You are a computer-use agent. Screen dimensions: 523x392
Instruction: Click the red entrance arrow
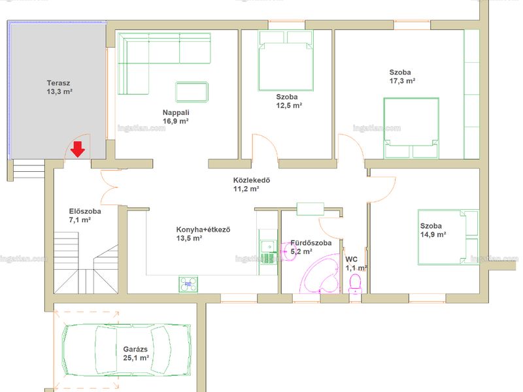tap(78, 149)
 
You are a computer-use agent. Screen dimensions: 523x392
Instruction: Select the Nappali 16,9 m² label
tap(176, 117)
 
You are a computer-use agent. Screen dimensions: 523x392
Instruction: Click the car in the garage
tap(127, 350)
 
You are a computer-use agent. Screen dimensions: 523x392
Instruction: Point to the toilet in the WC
tap(355, 284)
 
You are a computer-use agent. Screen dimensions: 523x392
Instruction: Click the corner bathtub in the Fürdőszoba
tap(320, 274)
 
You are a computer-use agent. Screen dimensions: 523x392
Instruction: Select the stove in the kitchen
tap(188, 284)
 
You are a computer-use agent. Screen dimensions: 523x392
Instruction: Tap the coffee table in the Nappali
tap(192, 91)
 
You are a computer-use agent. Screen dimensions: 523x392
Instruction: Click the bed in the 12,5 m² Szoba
tap(286, 61)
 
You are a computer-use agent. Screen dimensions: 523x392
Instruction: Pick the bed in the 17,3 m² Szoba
tap(411, 127)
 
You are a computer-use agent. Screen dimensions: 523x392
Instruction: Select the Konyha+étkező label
tap(203, 230)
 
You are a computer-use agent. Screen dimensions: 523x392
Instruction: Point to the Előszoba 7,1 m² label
tap(85, 216)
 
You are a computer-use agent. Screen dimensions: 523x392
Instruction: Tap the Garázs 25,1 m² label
tap(136, 353)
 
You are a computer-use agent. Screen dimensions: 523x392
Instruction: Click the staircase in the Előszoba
tap(86, 263)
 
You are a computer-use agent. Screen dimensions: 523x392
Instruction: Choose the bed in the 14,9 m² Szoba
tap(448, 237)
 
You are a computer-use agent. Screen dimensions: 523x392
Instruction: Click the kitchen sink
tap(268, 247)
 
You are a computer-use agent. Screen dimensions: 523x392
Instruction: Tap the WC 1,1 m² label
tap(356, 264)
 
